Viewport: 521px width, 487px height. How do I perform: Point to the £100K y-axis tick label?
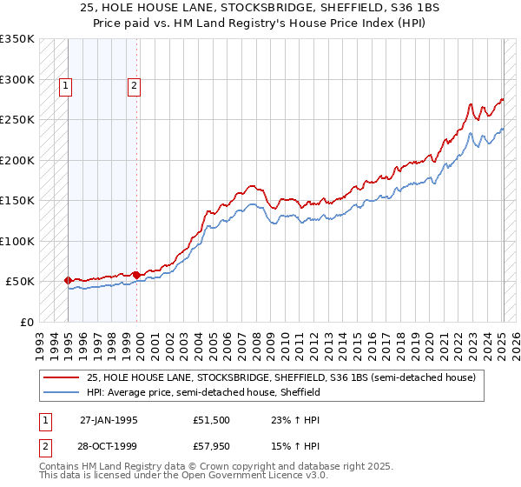(x=17, y=241)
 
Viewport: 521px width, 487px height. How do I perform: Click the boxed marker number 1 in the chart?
(x=67, y=85)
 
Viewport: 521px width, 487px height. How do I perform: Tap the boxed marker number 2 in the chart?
(x=135, y=85)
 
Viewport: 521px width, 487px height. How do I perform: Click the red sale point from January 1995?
(x=68, y=280)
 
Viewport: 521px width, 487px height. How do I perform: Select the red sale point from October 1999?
(x=136, y=275)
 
